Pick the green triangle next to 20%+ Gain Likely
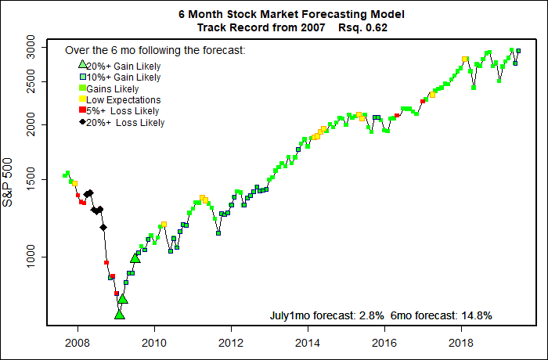tap(81, 65)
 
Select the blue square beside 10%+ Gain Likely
tap(81, 77)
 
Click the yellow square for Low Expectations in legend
tap(81, 99)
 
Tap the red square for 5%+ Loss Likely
tap(81, 111)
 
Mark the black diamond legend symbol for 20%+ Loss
tap(81, 122)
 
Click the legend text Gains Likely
tap(113, 88)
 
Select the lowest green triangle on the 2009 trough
tap(119, 314)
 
